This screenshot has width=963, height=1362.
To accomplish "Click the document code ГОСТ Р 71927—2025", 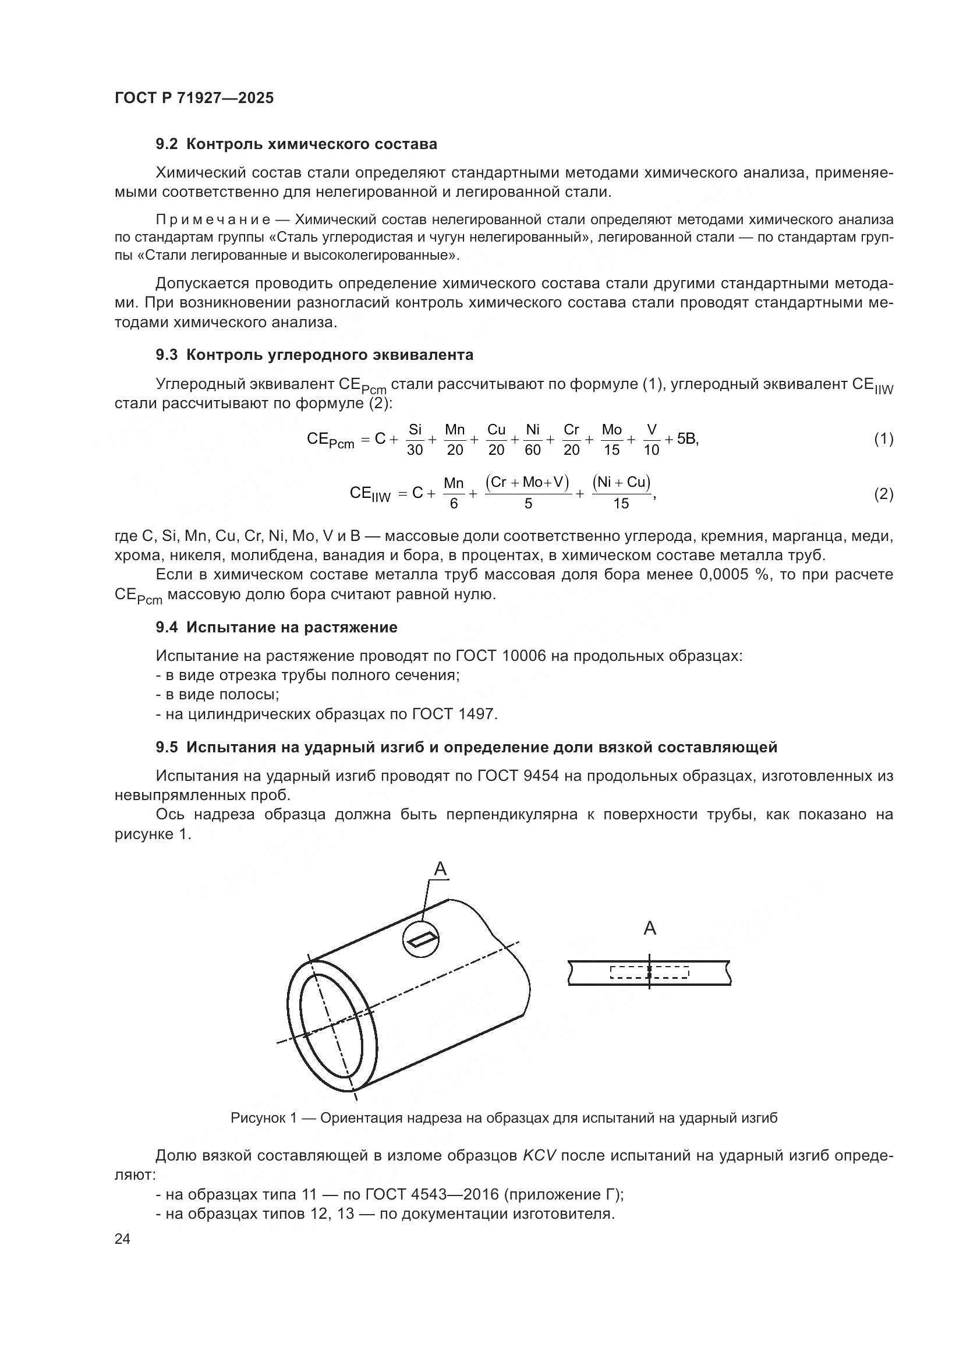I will pyautogui.click(x=194, y=98).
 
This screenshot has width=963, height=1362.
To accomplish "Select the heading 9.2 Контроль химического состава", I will pyautogui.click(x=296, y=144).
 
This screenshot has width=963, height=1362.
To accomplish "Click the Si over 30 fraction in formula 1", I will pyautogui.click(x=415, y=440).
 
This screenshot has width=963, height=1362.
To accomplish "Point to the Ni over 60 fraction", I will pyautogui.click(x=533, y=440).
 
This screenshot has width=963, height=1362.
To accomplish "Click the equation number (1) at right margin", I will pyautogui.click(x=884, y=440).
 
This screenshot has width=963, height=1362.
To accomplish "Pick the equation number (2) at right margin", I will pyautogui.click(x=884, y=494).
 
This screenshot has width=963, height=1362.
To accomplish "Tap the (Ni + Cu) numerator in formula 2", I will pyautogui.click(x=621, y=482).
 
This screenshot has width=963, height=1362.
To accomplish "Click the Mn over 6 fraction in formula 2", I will pyautogui.click(x=454, y=494).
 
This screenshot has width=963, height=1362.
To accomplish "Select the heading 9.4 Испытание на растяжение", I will pyautogui.click(x=277, y=627).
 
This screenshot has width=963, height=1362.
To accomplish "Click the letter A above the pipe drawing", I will pyautogui.click(x=440, y=869).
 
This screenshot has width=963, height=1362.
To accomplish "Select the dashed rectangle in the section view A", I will pyautogui.click(x=649, y=972).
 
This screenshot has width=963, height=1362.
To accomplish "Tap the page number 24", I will pyautogui.click(x=122, y=1239).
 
